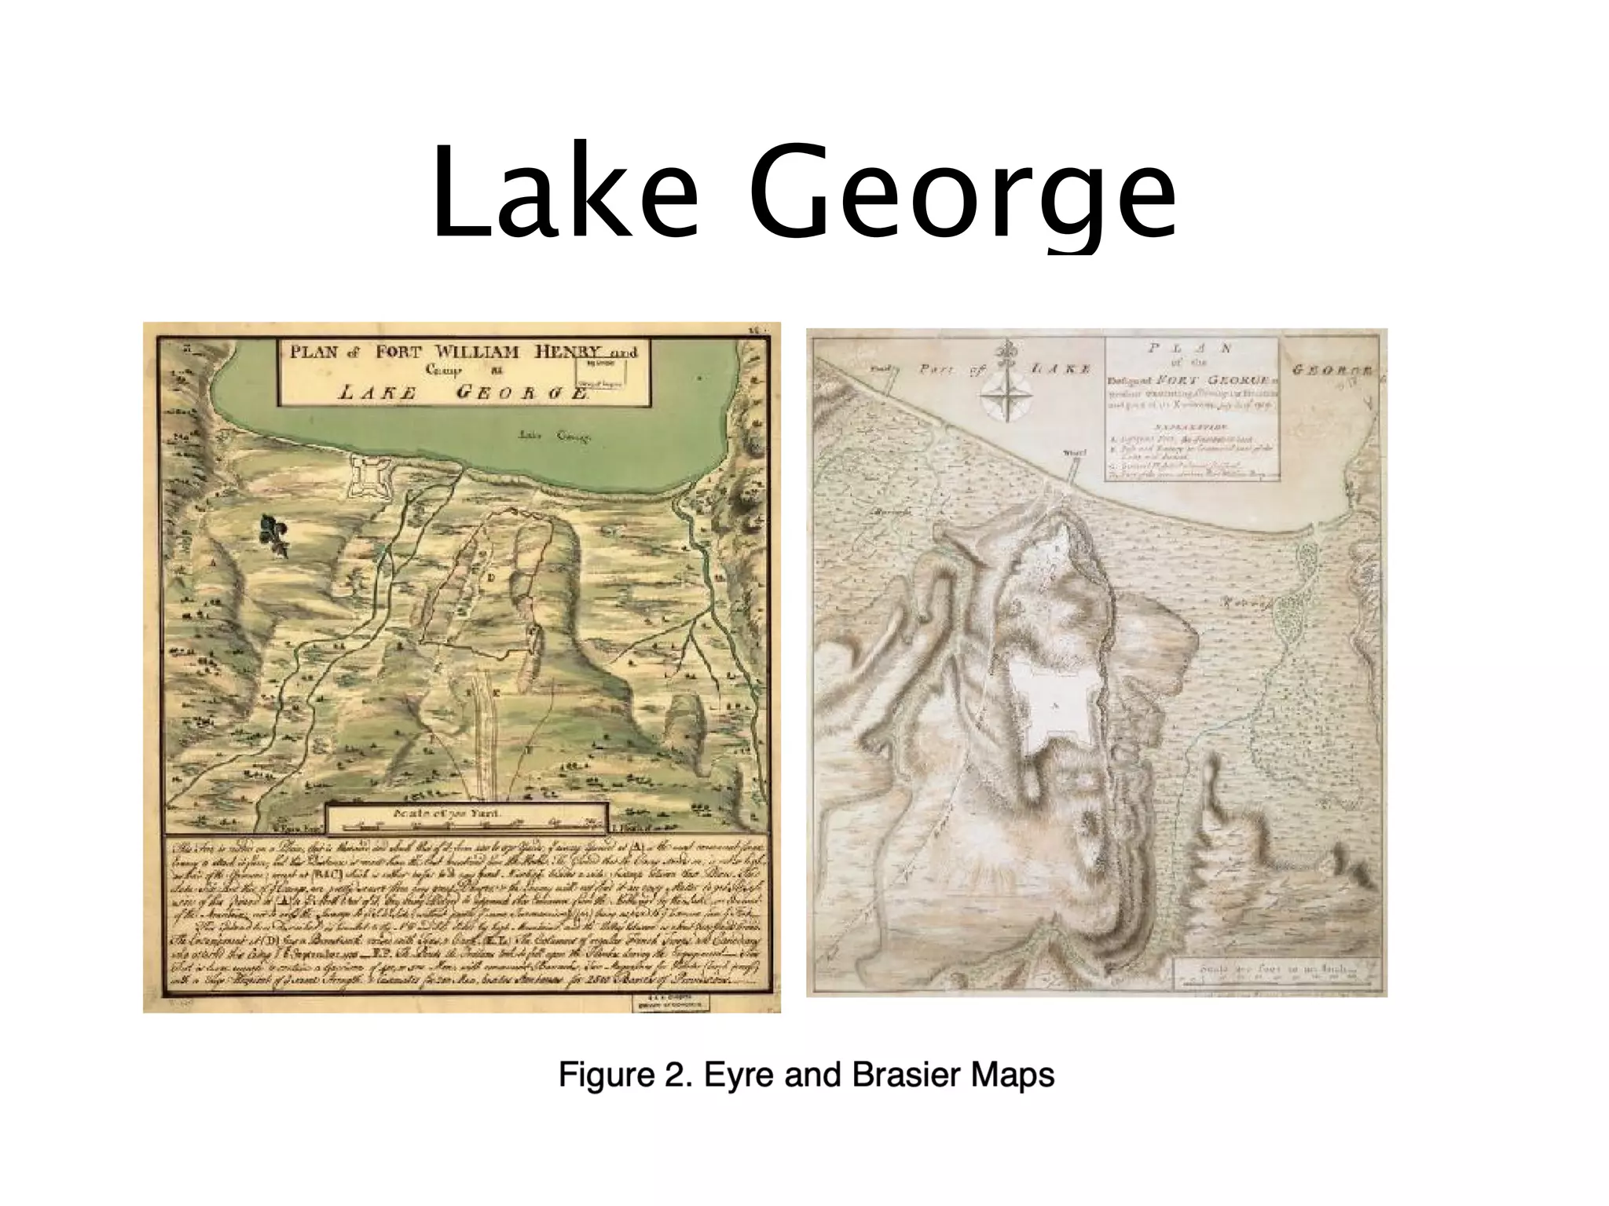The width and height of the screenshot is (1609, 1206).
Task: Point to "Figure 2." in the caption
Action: tap(625, 1074)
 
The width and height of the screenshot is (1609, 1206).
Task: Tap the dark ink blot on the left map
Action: tap(275, 535)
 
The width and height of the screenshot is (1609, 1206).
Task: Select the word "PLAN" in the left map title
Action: tap(313, 352)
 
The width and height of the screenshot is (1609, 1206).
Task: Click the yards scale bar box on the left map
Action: tap(467, 818)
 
